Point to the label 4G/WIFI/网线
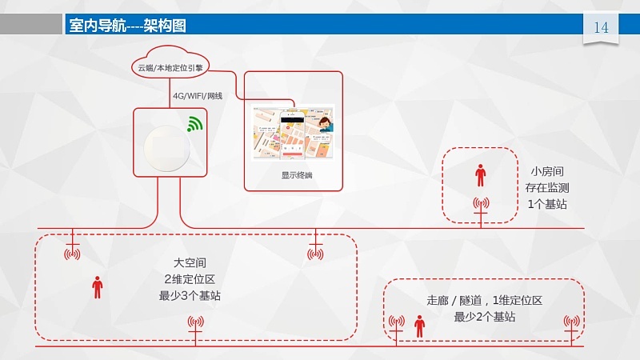point(197,96)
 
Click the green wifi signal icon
point(194,123)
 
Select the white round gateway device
point(168,144)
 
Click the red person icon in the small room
point(480,174)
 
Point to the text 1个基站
point(548,204)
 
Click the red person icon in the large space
point(98,286)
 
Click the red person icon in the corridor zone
point(418,325)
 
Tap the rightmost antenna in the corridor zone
point(571,323)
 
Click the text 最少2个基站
point(484,317)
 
